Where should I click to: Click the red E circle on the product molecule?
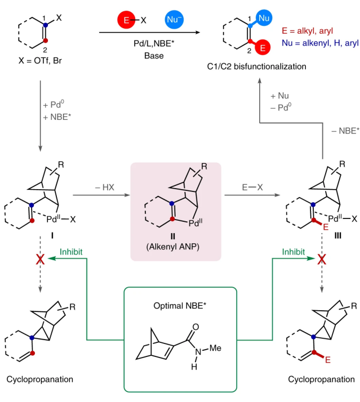point(263,48)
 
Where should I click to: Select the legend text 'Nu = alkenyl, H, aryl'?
point(319,42)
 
